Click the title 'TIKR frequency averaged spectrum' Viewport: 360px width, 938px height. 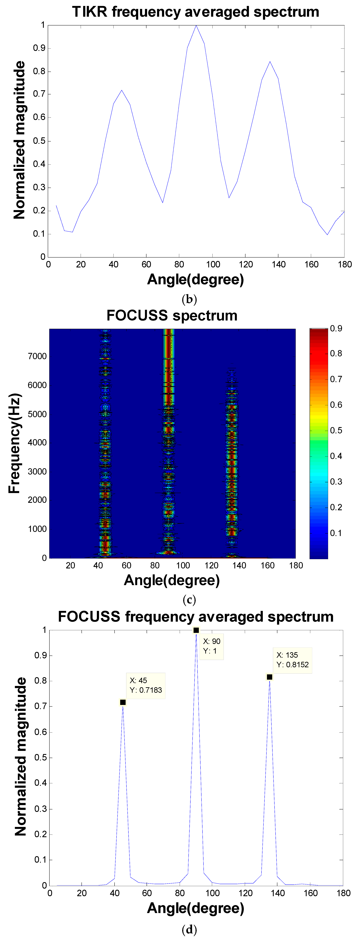[x=196, y=12]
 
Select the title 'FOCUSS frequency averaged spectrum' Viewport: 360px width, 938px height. [x=196, y=617]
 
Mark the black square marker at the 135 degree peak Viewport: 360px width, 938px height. [x=269, y=677]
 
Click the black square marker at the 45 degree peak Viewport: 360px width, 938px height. [x=123, y=702]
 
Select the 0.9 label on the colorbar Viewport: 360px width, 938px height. [x=336, y=328]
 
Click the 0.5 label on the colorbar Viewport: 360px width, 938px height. [x=336, y=430]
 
